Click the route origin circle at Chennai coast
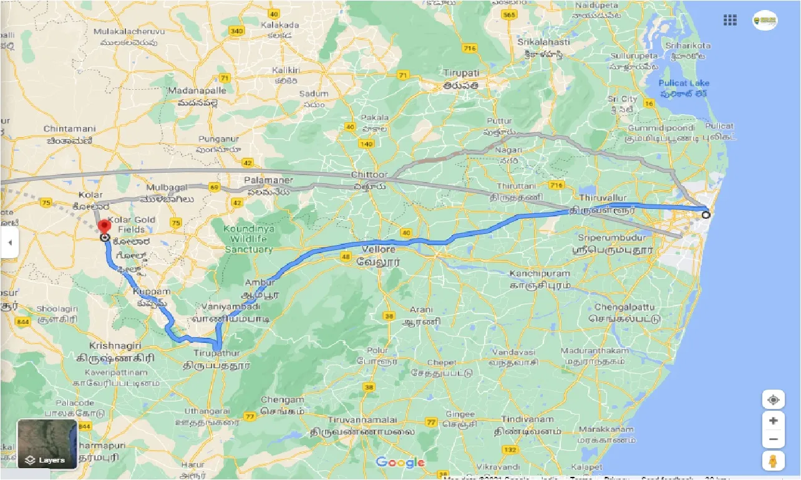pos(706,215)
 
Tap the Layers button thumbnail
pos(47,443)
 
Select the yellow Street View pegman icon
pos(773,461)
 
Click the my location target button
pos(773,400)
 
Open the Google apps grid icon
pos(730,20)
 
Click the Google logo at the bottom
pos(400,463)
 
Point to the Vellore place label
pos(379,249)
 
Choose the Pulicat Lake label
pos(684,84)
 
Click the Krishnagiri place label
pos(115,345)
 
